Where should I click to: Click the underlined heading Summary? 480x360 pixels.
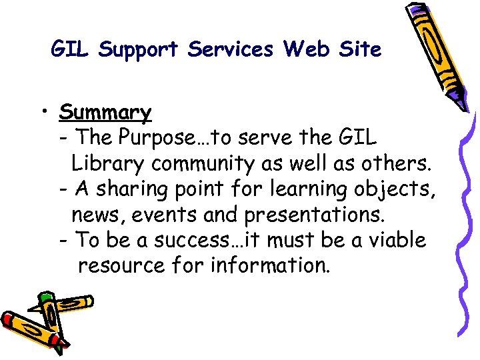[105, 112]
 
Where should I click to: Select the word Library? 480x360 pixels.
[108, 163]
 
